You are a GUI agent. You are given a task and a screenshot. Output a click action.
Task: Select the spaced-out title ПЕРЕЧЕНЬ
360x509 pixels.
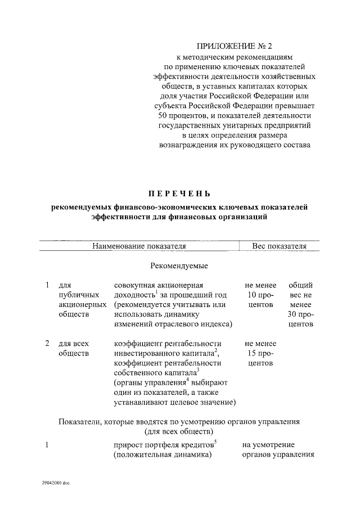pyautogui.click(x=179, y=193)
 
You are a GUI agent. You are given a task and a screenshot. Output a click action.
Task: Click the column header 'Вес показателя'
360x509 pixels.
pyautogui.click(x=278, y=246)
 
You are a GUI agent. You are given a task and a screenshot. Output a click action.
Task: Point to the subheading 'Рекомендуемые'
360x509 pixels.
pyautogui.click(x=179, y=265)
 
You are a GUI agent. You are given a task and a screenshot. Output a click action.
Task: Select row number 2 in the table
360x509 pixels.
pyautogui.click(x=48, y=343)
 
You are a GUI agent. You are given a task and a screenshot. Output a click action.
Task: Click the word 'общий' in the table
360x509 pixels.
pyautogui.click(x=300, y=285)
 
